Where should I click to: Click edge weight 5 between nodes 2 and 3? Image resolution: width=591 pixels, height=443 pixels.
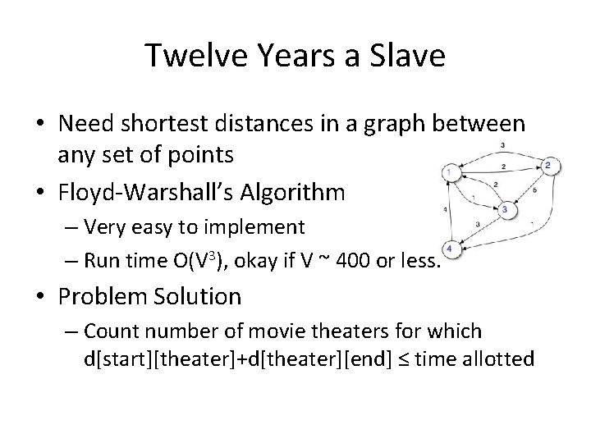(x=534, y=190)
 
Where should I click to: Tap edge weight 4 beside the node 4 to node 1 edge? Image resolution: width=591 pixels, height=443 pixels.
(x=444, y=211)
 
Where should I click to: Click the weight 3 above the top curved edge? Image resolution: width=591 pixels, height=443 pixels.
(x=502, y=145)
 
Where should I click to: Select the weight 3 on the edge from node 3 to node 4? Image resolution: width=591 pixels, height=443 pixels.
(x=478, y=223)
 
